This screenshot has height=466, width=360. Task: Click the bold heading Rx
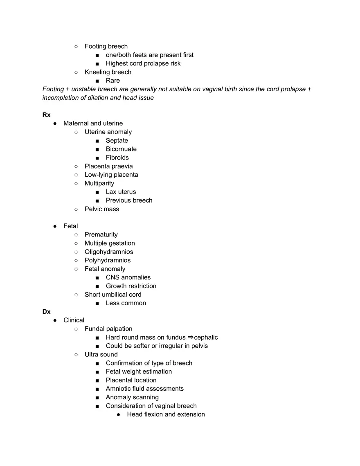pyautogui.click(x=46, y=115)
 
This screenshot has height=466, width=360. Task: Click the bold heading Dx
pyautogui.click(x=46, y=312)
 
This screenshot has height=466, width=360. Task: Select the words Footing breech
pyautogui.click(x=106, y=46)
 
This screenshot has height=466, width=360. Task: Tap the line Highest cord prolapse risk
pyautogui.click(x=143, y=63)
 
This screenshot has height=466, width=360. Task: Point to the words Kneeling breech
pyautogui.click(x=108, y=72)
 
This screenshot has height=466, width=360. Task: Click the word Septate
pyautogui.click(x=117, y=140)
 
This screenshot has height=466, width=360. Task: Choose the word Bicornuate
pyautogui.click(x=121, y=149)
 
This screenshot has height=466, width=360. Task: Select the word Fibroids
pyautogui.click(x=117, y=158)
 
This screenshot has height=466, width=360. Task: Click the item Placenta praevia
pyautogui.click(x=108, y=166)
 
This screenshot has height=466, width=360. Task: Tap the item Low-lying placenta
pyautogui.click(x=111, y=175)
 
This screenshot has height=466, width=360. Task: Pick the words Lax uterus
pyautogui.click(x=121, y=192)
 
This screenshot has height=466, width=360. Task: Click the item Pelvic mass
pyautogui.click(x=102, y=209)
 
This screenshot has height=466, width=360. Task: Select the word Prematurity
pyautogui.click(x=101, y=234)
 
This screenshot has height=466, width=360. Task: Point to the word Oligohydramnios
pyautogui.click(x=109, y=252)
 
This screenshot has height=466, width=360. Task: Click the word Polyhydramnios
pyautogui.click(x=108, y=260)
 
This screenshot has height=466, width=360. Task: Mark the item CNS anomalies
pyautogui.click(x=128, y=277)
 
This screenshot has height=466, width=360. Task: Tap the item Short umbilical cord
pyautogui.click(x=113, y=295)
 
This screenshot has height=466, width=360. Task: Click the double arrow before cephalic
pyautogui.click(x=190, y=338)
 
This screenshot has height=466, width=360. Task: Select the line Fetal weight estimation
pyautogui.click(x=139, y=371)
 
